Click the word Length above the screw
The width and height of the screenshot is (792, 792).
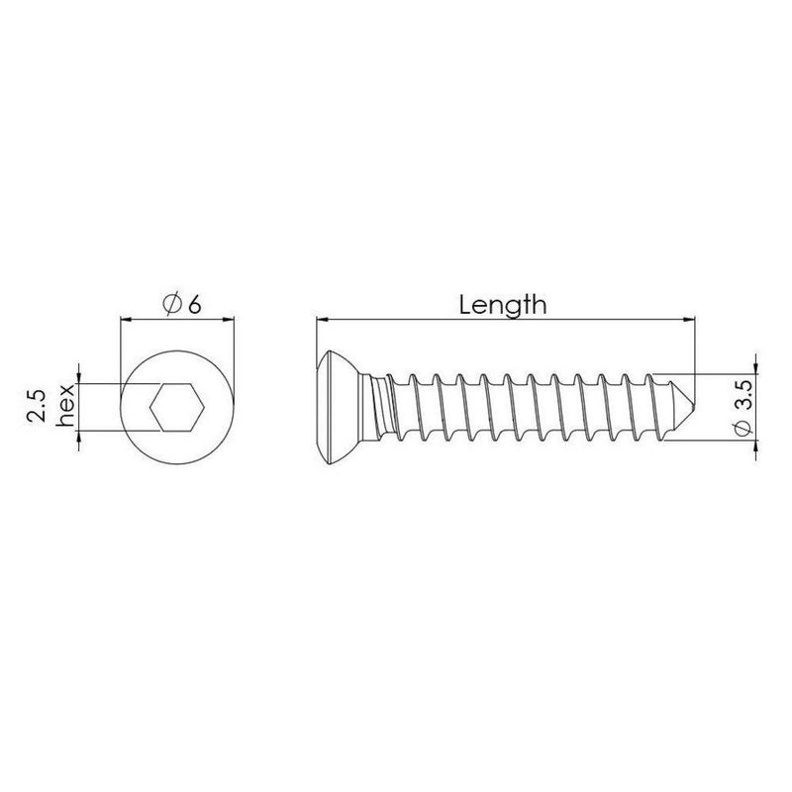click(503, 306)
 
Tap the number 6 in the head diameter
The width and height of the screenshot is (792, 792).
click(194, 305)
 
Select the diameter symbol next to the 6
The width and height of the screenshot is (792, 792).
click(172, 305)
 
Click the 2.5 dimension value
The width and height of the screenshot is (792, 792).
click(37, 405)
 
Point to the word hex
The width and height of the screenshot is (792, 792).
click(65, 405)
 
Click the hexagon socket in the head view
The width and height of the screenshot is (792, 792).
click(177, 407)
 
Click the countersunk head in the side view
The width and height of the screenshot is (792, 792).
click(339, 408)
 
